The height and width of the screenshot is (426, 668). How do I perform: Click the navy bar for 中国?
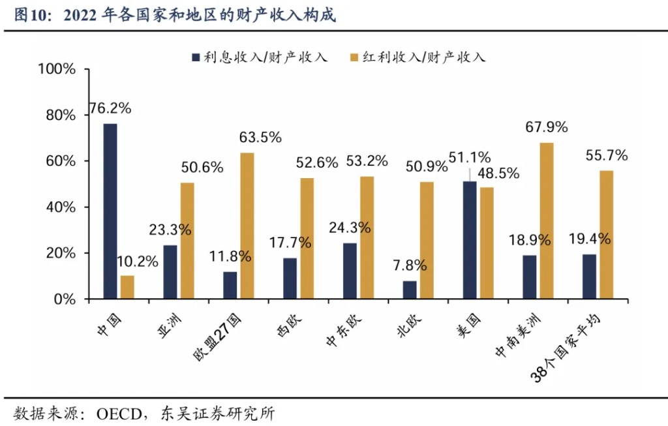point(110,211)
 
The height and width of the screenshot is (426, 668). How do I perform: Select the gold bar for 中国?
point(127,287)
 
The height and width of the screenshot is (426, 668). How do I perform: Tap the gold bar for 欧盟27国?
point(247,226)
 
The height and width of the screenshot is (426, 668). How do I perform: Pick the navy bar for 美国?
point(469,240)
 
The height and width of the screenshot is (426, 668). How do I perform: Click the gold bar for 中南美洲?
point(547,221)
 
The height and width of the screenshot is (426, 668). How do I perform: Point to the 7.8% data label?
point(410,266)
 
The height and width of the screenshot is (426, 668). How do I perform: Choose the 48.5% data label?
point(498,173)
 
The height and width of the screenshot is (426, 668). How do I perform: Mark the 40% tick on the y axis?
point(61,207)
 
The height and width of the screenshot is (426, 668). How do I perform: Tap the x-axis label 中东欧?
point(343,326)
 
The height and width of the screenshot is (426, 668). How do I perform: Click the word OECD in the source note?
point(120,413)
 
